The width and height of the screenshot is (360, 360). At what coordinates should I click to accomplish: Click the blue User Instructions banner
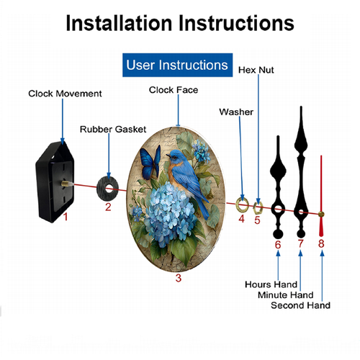pyautogui.click(x=177, y=65)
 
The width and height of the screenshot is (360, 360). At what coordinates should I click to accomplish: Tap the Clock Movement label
pyautogui.click(x=65, y=94)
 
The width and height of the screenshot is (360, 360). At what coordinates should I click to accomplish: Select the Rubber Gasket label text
pyautogui.click(x=113, y=130)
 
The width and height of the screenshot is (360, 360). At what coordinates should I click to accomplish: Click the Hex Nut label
pyautogui.click(x=256, y=70)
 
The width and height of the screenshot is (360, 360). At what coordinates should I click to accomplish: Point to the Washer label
pyautogui.click(x=236, y=112)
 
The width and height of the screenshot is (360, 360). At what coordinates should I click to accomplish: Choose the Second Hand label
pyautogui.click(x=300, y=305)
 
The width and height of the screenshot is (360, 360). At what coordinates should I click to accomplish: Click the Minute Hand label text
pyautogui.click(x=286, y=294)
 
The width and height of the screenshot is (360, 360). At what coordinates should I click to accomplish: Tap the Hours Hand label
pyautogui.click(x=271, y=284)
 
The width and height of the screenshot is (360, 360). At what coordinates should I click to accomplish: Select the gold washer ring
pyautogui.click(x=238, y=205)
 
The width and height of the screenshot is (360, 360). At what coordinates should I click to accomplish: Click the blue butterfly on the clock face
pyautogui.click(x=150, y=163)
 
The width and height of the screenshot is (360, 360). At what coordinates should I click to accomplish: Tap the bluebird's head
pyautogui.click(x=176, y=156)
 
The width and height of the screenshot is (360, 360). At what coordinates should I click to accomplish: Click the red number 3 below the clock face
pyautogui.click(x=179, y=278)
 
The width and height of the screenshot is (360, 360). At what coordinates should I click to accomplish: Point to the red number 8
pyautogui.click(x=321, y=243)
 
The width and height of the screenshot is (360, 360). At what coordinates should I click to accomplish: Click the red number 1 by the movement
pyautogui.click(x=66, y=217)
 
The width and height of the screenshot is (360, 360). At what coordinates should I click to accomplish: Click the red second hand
pyautogui.click(x=321, y=196)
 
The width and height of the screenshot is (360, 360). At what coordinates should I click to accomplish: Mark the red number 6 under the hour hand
pyautogui.click(x=278, y=245)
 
